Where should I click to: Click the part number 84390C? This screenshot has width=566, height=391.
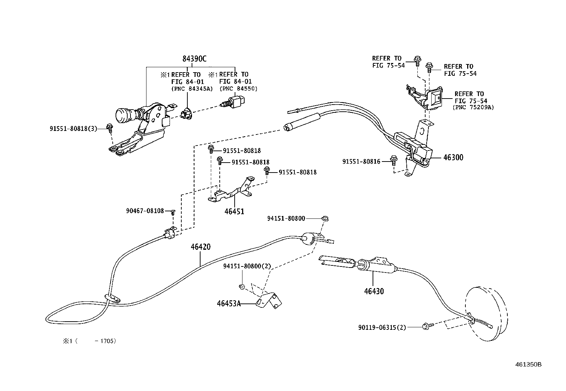(194, 59)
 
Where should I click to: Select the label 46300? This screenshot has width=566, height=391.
(453, 158)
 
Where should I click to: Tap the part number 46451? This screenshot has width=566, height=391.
(234, 212)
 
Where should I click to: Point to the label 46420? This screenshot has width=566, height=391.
(200, 247)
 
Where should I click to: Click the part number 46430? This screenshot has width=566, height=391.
(374, 291)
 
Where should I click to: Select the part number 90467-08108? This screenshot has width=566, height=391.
(145, 211)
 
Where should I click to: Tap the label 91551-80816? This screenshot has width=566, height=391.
(361, 162)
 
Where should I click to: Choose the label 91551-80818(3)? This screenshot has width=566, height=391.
(73, 129)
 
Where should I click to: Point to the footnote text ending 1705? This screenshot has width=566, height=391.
(90, 341)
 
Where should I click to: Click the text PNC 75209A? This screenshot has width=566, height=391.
(473, 107)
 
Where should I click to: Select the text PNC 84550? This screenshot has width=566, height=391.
(238, 88)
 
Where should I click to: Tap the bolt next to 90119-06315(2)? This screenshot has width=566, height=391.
(426, 325)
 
